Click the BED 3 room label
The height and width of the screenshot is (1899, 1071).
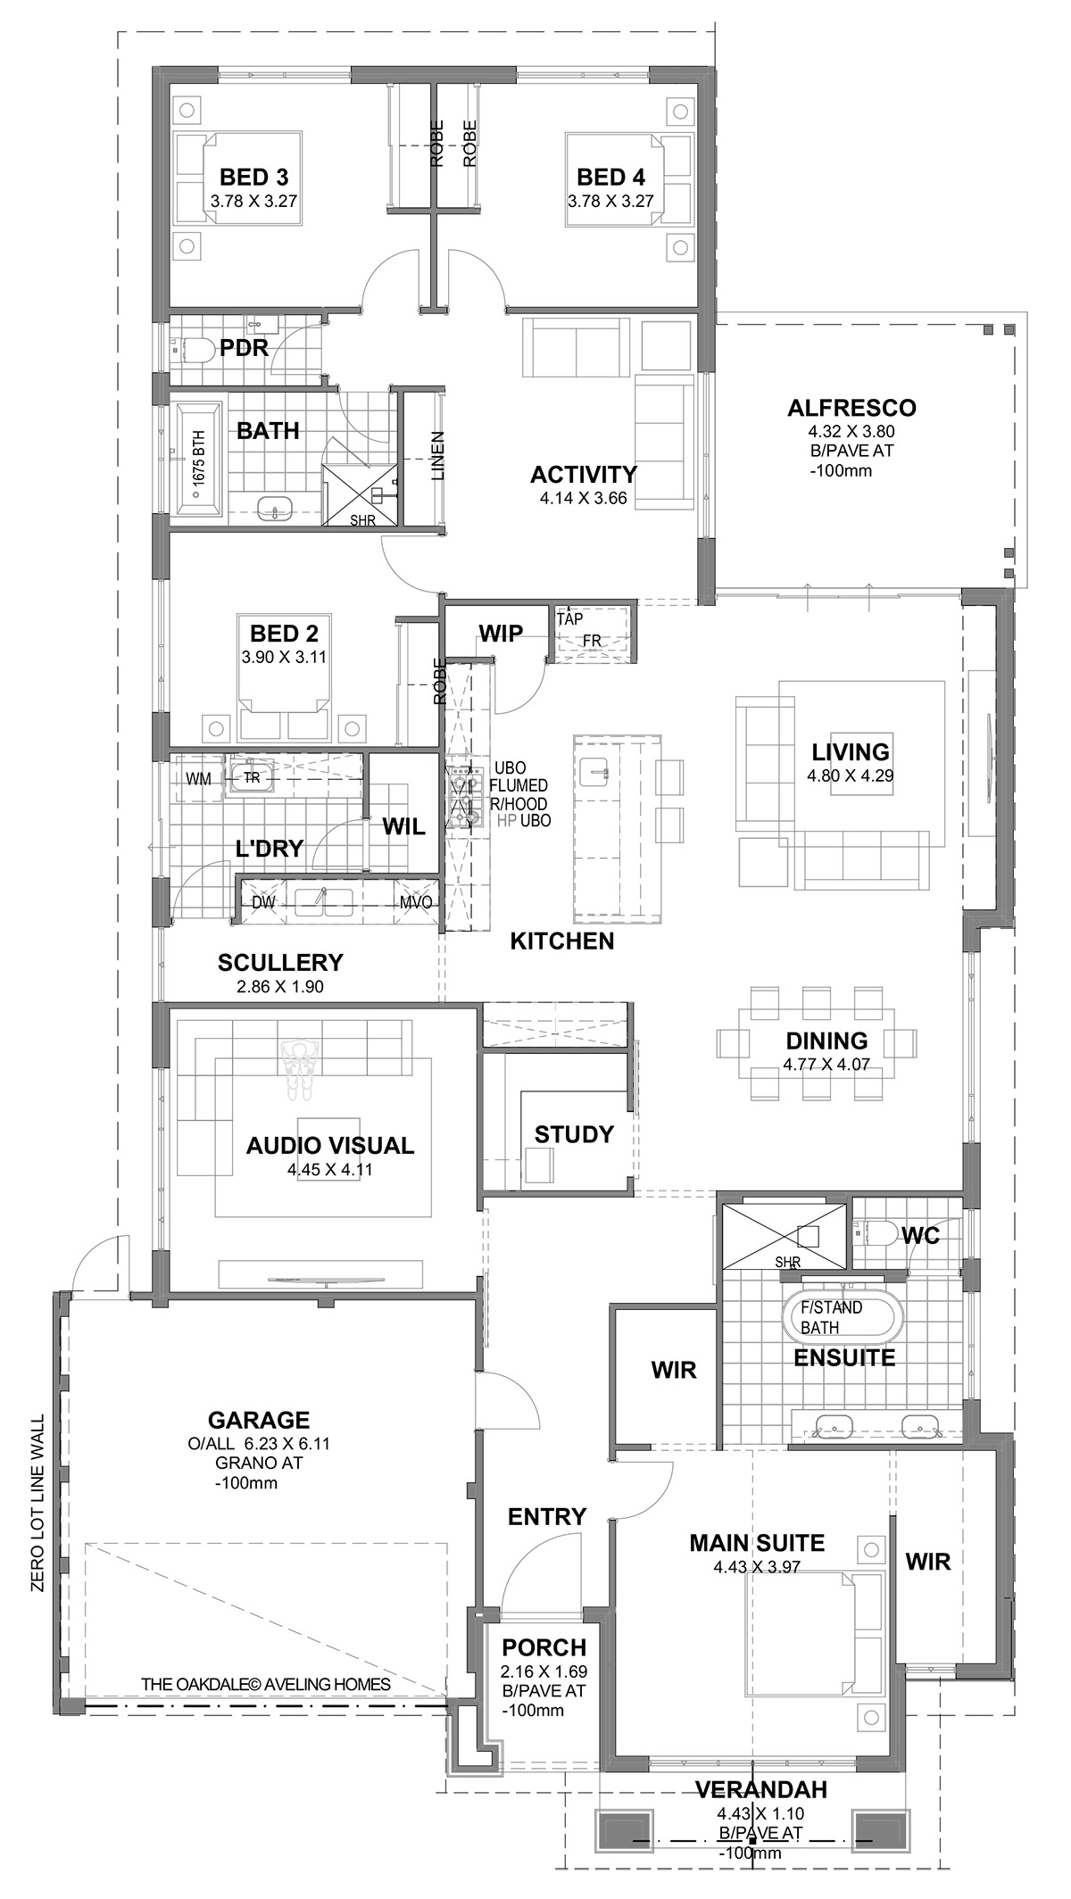tap(253, 177)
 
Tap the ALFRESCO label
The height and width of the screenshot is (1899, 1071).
tap(851, 408)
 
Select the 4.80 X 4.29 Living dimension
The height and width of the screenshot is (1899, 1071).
tap(851, 775)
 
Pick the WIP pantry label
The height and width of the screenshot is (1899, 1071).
tap(501, 633)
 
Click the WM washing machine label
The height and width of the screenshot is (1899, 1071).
tap(198, 778)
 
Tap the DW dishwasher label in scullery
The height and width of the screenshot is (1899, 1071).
tap(262, 902)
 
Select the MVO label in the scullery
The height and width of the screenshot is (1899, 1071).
tap(416, 902)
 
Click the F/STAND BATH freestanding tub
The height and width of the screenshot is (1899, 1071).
tap(843, 1316)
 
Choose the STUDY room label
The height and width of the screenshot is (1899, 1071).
tap(574, 1134)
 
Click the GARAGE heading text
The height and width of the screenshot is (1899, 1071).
tap(259, 1419)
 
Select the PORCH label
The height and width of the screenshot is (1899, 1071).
tap(544, 1646)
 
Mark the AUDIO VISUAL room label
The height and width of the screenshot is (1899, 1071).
tap(330, 1145)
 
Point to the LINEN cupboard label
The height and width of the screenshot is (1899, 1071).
tap(438, 456)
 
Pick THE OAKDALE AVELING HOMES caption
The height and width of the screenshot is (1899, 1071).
tap(266, 1684)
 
